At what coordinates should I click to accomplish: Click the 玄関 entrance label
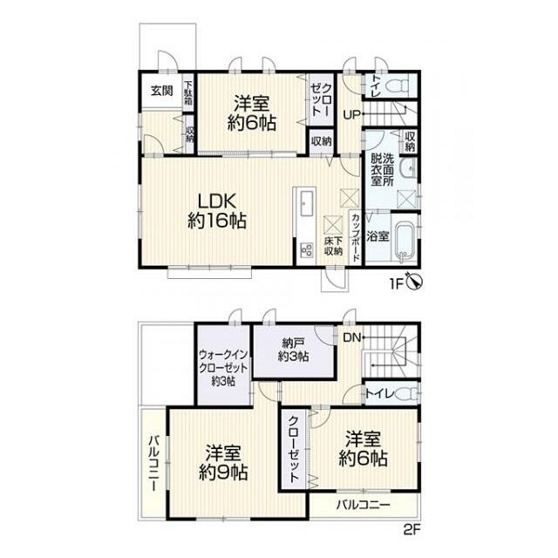pyautogui.click(x=162, y=91)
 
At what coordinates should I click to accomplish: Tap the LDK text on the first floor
pyautogui.click(x=217, y=202)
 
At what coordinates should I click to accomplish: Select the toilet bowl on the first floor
pyautogui.click(x=400, y=85)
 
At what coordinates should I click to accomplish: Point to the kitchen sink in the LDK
pyautogui.click(x=306, y=203)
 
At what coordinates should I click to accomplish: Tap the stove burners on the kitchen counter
pyautogui.click(x=306, y=249)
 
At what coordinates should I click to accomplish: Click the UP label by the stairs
pyautogui.click(x=351, y=115)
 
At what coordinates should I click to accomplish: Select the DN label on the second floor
pyautogui.click(x=352, y=337)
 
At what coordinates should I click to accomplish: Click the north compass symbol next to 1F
pyautogui.click(x=415, y=282)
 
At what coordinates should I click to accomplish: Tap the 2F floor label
pyautogui.click(x=412, y=530)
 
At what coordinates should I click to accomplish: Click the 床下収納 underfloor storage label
pyautogui.click(x=333, y=246)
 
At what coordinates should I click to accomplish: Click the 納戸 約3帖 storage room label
pyautogui.click(x=293, y=350)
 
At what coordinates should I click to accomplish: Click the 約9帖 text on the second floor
pyautogui.click(x=223, y=473)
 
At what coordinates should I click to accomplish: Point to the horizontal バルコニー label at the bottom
pyautogui.click(x=364, y=505)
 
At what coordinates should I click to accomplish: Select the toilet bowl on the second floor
pyautogui.click(x=407, y=394)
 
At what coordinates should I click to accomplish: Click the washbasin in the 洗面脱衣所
pyautogui.click(x=408, y=168)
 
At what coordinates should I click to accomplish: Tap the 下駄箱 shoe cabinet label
pyautogui.click(x=188, y=92)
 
